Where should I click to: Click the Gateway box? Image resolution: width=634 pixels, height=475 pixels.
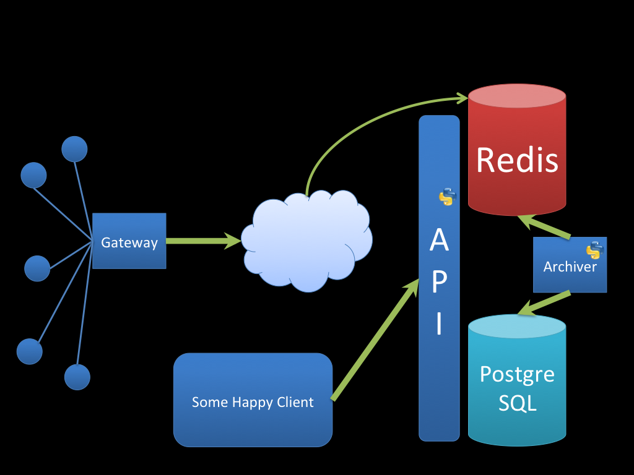coord(129,241)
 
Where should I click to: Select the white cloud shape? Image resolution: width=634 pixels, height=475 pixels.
coord(307,241)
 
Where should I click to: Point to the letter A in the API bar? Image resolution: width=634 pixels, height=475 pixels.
coord(439,240)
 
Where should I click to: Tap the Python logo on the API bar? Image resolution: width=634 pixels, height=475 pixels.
coord(447,197)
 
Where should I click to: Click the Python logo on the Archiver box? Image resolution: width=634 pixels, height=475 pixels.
coord(595,250)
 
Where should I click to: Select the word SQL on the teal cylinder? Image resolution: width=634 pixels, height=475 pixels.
coord(517,403)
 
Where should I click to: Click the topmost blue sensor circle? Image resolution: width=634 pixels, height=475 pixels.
coord(74,149)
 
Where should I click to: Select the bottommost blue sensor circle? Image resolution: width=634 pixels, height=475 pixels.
coord(77,377)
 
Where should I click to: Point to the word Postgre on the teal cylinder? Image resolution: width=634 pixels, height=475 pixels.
coord(517,374)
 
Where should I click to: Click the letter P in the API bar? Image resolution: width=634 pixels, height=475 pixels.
coord(439,281)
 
